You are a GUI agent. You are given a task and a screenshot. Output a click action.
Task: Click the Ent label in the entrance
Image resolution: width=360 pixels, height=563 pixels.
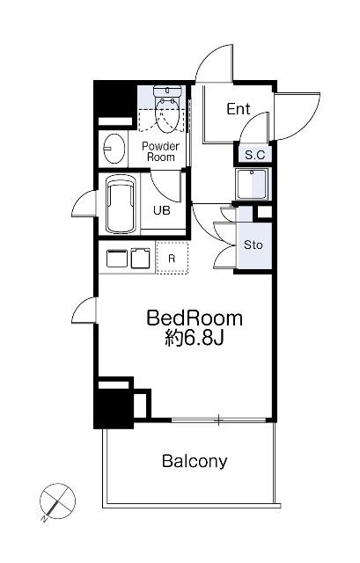coord(239,109)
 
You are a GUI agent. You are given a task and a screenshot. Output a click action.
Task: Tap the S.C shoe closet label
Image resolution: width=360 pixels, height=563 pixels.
coord(254,155)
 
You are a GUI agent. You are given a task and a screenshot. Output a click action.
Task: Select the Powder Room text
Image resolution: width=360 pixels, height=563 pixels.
coord(160,151)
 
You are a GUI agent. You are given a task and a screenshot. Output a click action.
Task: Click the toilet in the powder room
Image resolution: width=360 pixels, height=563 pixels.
coord(167,107)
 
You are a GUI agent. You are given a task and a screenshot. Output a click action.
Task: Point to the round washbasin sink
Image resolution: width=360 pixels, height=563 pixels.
coord(114,148)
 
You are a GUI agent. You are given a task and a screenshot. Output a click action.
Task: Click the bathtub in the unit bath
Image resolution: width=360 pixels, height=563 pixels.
coord(121,204)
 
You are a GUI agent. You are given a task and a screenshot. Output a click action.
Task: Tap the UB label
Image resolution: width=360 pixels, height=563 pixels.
coord(162,210)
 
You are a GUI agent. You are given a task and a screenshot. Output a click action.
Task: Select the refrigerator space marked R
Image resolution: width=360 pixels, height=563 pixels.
coord(173,258)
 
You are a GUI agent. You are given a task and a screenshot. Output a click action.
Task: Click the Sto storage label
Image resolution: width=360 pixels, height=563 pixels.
coord(253,245)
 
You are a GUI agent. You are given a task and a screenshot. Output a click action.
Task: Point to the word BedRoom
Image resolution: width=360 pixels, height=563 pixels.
coord(195,318)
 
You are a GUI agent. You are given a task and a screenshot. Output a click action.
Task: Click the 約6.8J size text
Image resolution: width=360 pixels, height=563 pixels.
coord(195,338)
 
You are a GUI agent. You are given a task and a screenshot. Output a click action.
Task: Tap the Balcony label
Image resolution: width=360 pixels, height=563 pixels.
coord(195,461)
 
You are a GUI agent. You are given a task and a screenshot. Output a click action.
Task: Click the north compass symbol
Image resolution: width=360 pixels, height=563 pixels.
coord(57,501)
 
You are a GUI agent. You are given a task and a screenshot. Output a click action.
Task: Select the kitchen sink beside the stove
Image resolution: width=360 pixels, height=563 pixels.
coord(140,258)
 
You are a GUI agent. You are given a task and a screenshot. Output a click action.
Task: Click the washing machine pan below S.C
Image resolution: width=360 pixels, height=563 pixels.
coord(252,184)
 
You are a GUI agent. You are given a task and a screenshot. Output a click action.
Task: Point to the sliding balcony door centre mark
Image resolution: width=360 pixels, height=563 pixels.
coord(218,420)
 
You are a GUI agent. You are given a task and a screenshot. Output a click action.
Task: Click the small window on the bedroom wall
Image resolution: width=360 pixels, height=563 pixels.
coord(84,311)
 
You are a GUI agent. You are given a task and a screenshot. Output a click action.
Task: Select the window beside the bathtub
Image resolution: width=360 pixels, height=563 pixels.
coord(84,203)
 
